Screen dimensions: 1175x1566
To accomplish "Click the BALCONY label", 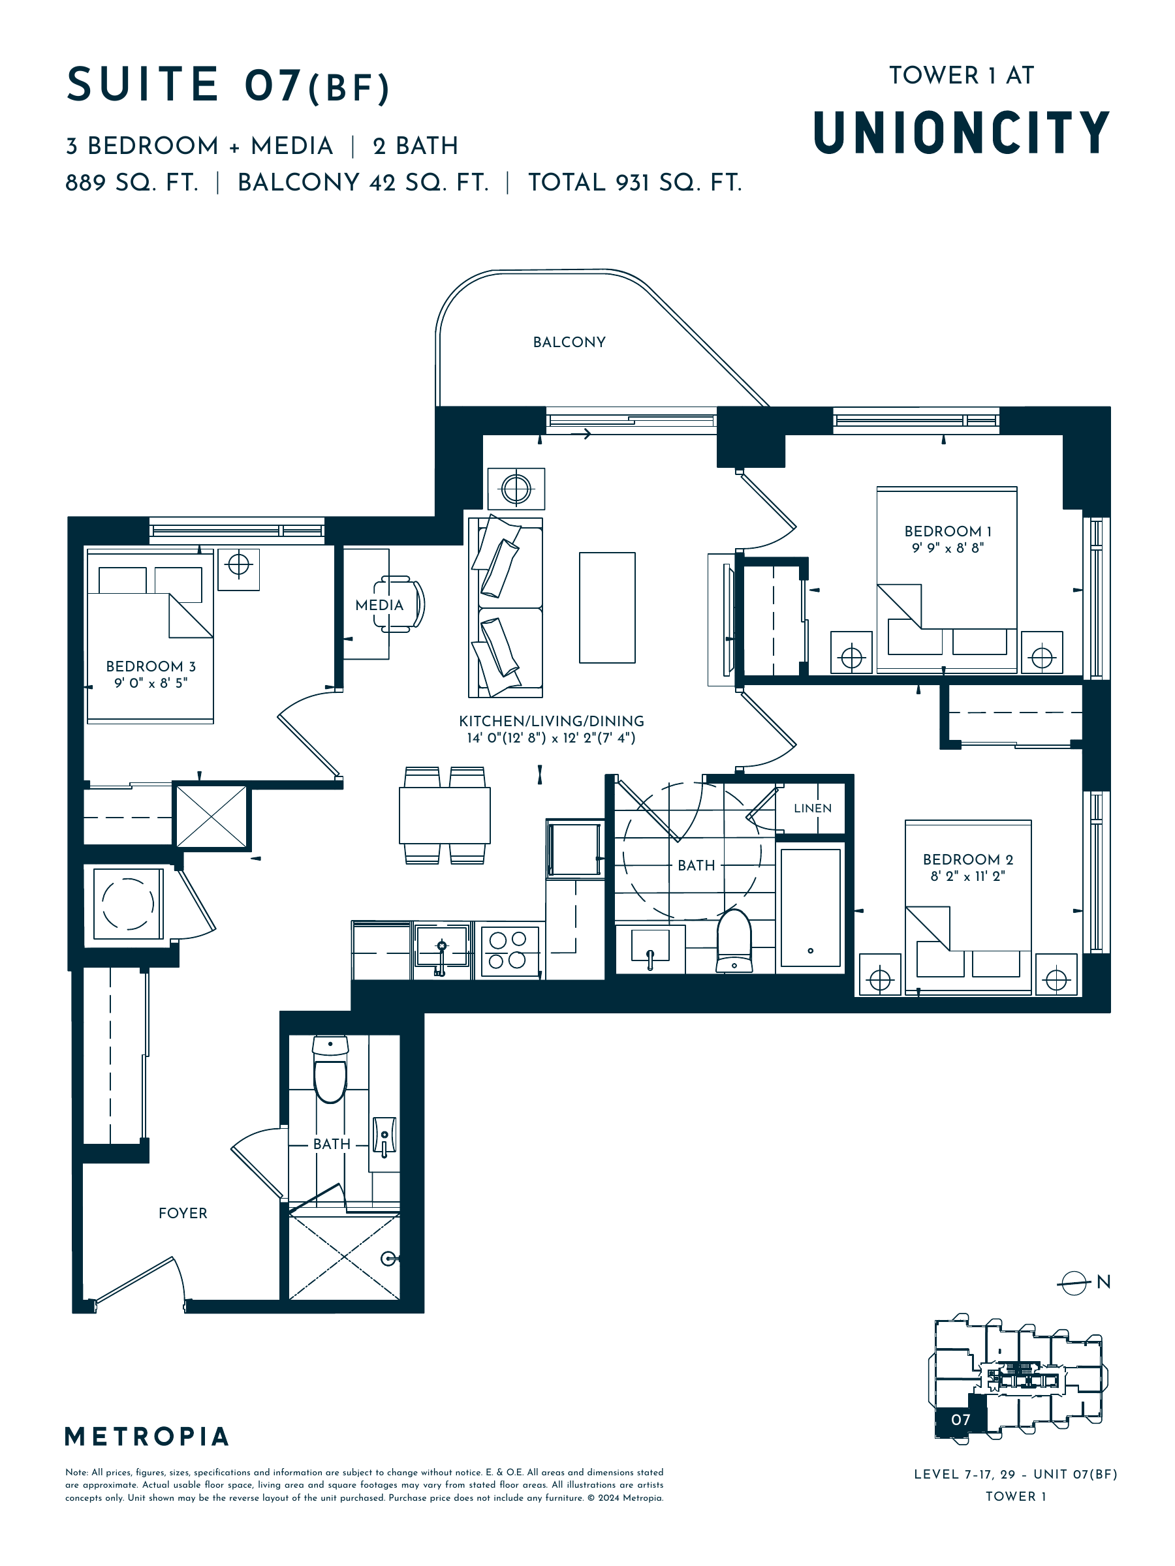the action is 569,342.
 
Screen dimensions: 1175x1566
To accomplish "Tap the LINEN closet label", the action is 812,808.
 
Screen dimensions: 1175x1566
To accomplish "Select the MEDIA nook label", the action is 379,606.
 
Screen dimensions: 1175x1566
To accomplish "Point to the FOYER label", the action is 183,1213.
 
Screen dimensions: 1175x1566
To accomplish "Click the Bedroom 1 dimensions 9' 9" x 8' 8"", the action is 948,547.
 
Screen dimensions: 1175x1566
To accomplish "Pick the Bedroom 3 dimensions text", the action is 151,683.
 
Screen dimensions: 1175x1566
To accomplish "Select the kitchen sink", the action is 442,947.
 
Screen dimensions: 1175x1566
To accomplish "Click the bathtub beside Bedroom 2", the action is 810,908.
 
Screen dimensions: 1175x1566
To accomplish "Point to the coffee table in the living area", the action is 607,607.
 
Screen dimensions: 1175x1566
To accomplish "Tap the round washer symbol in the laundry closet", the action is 127,903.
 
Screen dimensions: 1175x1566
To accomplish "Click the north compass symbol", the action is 1074,1282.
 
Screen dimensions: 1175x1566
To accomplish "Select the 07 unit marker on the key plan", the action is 960,1419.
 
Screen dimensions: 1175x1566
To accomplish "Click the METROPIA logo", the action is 147,1436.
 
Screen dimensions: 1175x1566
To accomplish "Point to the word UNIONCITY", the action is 961,132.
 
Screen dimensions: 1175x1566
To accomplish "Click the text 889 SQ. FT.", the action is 132,183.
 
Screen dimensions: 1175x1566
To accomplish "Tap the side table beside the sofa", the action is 516,489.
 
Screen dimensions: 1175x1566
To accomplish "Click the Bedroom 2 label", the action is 967,859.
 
